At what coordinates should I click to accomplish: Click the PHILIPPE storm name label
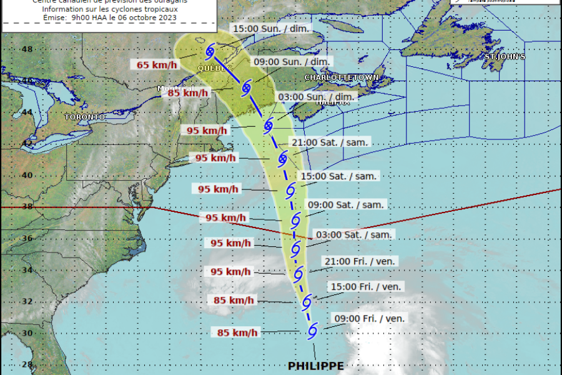tap(315, 366)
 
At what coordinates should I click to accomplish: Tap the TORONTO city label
tap(84, 117)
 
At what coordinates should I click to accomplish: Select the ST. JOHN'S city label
tap(504, 57)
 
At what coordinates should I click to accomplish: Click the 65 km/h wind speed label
tap(155, 64)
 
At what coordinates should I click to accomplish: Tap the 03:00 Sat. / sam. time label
tap(355, 234)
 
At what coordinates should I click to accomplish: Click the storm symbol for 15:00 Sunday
tap(210, 51)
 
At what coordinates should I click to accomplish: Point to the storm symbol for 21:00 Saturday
tap(282, 156)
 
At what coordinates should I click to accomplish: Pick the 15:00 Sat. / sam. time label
tap(338, 176)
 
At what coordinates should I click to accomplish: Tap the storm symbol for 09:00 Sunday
tap(246, 87)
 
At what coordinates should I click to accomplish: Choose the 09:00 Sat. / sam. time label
tap(347, 204)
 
